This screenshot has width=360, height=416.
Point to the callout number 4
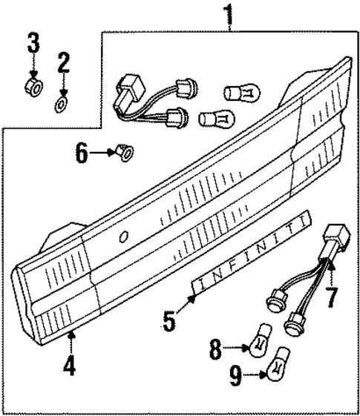click(x=70, y=367)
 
